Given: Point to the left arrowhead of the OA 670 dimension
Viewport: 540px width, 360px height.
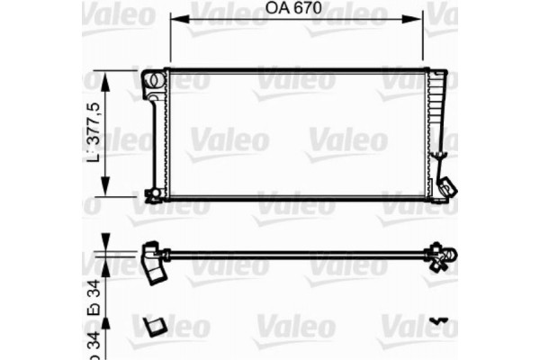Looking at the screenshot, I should (173, 18).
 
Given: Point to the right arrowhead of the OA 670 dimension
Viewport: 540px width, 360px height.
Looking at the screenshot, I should (420, 18).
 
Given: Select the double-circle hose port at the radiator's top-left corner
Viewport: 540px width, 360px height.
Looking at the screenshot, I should (154, 79).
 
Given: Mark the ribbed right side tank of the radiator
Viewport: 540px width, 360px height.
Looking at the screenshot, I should (437, 117).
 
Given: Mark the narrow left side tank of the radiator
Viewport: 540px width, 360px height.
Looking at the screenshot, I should (158, 135).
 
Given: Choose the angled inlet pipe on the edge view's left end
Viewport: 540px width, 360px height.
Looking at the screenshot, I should (155, 260).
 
